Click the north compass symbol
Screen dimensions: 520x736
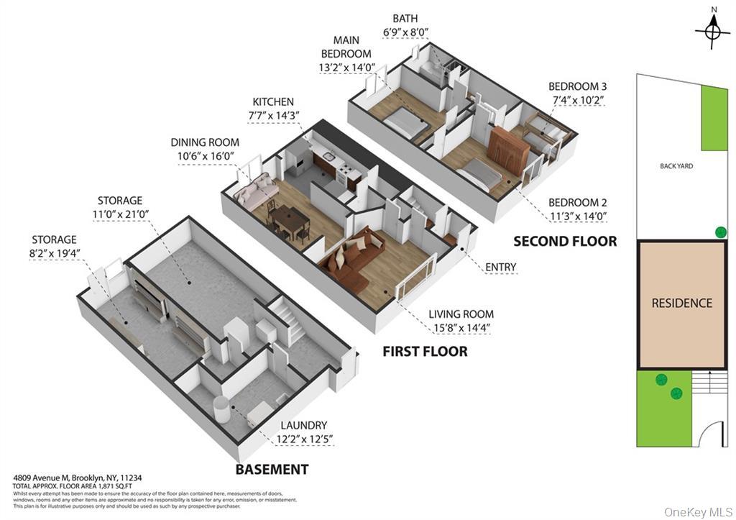tap(712, 31)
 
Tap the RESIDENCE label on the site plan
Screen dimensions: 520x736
tap(681, 303)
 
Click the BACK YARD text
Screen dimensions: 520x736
tap(676, 166)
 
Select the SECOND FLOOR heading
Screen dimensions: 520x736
tap(564, 242)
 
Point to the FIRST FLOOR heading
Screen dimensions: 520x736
tap(425, 352)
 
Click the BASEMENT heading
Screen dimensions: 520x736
tap(272, 470)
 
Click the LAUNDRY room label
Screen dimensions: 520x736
tap(303, 425)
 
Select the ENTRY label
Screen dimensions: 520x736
tap(501, 267)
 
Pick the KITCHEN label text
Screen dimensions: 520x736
tap(273, 102)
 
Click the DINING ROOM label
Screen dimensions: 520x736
tap(205, 142)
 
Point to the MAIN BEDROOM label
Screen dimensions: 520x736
tap(346, 47)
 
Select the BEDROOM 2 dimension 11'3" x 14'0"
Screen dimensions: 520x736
tap(577, 216)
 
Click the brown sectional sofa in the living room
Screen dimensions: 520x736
tap(355, 255)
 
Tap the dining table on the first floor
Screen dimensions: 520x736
tap(291, 216)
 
